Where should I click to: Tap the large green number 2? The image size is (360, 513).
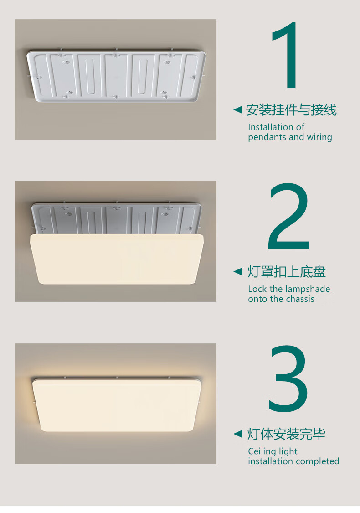pos(288,216)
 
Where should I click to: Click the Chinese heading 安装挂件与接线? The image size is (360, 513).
pos(291,110)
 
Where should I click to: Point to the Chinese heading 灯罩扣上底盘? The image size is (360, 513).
pos(287,272)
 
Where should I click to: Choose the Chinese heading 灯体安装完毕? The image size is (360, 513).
pos(286,434)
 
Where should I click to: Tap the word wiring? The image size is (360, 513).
pos(319,137)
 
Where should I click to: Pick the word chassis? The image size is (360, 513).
pos(300,299)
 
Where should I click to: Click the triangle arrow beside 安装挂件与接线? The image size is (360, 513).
pos(238,109)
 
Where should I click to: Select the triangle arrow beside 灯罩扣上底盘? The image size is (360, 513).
pos(238,272)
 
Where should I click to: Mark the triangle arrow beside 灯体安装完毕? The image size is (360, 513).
pos(238,434)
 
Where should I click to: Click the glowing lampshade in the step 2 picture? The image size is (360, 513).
pos(117,259)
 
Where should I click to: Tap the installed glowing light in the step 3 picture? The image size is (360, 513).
pos(117,405)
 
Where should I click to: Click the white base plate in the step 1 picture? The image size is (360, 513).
pos(116,76)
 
